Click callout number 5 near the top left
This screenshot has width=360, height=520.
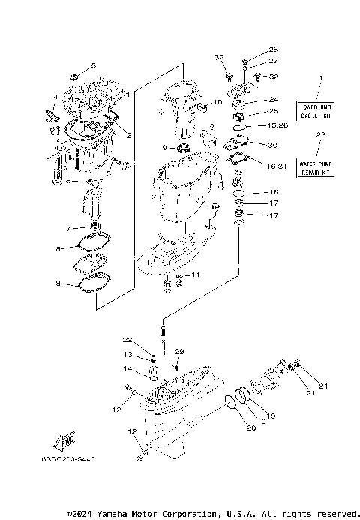(94, 65)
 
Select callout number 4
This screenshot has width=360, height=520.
(55, 97)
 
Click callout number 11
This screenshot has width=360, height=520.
(196, 275)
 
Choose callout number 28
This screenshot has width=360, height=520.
(252, 50)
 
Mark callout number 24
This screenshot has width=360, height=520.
(273, 100)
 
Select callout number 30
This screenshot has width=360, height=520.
(272, 145)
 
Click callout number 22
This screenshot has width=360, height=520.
(128, 341)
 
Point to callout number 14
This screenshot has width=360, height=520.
(128, 370)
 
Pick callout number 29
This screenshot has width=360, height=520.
(179, 352)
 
